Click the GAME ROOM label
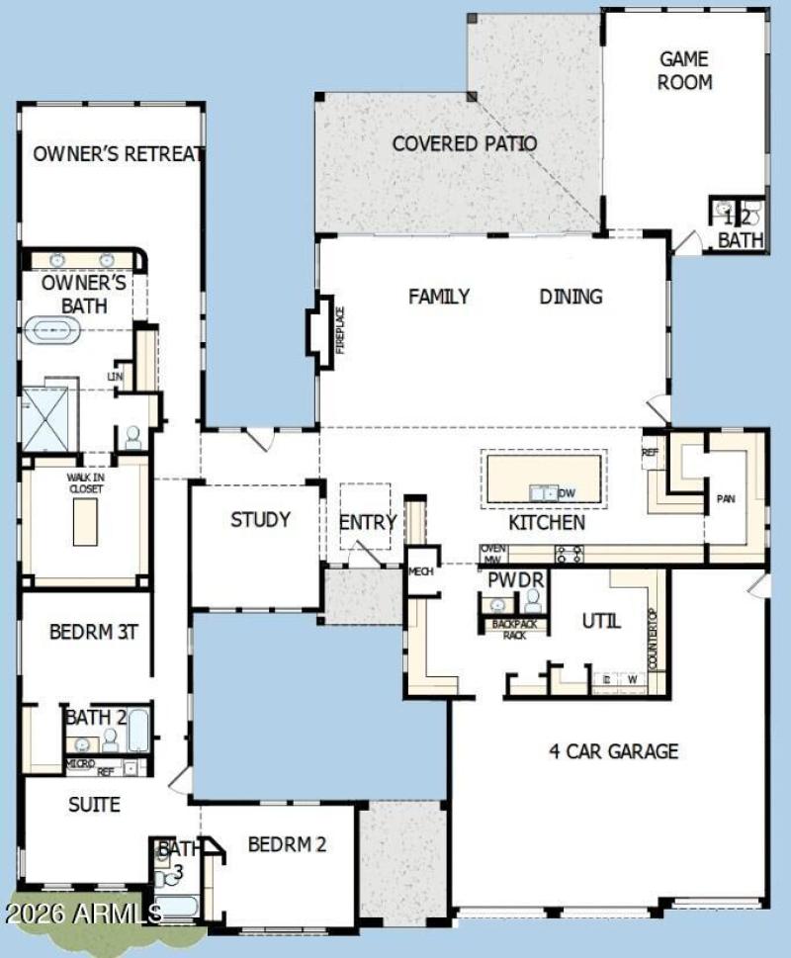pyautogui.click(x=684, y=70)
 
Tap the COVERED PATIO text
pyautogui.click(x=464, y=143)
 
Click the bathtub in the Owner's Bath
pyautogui.click(x=55, y=330)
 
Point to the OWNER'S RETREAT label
pyautogui.click(x=118, y=153)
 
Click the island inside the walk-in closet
pyautogui.click(x=86, y=520)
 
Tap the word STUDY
pyautogui.click(x=260, y=519)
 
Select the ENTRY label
pyautogui.click(x=367, y=522)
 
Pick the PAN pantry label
pyautogui.click(x=726, y=499)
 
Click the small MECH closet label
pyautogui.click(x=422, y=571)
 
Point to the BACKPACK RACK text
pyautogui.click(x=512, y=630)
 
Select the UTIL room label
pyautogui.click(x=601, y=621)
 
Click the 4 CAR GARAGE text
pyautogui.click(x=613, y=751)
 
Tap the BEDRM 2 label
pyautogui.click(x=287, y=844)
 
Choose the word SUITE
pyautogui.click(x=94, y=805)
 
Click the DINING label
pyautogui.click(x=571, y=297)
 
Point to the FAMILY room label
pyautogui.click(x=439, y=297)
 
